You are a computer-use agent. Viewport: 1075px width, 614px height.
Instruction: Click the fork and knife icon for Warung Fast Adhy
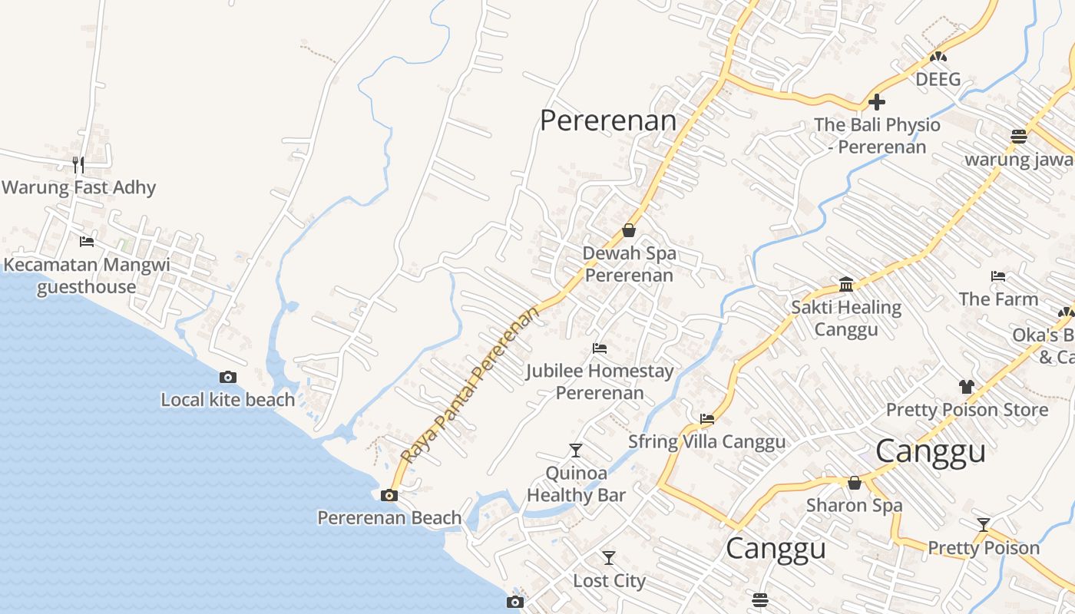(78, 164)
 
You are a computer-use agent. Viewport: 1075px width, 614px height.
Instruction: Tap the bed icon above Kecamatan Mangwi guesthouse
(87, 242)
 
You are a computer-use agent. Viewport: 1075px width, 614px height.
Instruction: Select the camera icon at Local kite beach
(228, 377)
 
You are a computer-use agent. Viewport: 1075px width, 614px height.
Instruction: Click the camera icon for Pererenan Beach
(389, 495)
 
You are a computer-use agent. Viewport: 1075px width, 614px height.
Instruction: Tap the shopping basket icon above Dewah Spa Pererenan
(629, 230)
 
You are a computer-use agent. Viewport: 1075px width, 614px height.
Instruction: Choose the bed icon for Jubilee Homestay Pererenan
(600, 348)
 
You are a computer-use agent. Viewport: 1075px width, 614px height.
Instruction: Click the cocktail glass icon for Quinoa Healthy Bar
(576, 450)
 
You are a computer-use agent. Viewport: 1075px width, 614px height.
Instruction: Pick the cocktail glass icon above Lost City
(609, 558)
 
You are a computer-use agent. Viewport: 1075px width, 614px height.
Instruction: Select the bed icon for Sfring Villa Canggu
(707, 419)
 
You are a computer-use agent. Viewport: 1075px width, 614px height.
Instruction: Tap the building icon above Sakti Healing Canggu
(846, 285)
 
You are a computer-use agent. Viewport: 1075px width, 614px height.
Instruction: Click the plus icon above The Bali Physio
(877, 102)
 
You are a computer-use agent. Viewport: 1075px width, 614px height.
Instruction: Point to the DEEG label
(938, 79)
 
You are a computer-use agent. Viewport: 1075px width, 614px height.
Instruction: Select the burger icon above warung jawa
(1019, 137)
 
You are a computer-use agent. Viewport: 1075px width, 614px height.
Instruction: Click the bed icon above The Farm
(998, 276)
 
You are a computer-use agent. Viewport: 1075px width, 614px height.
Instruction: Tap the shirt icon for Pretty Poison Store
(967, 387)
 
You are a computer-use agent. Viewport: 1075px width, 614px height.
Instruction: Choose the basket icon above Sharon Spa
(854, 483)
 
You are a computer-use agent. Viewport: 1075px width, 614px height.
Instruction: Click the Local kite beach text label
(227, 400)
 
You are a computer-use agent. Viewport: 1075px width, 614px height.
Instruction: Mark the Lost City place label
(610, 581)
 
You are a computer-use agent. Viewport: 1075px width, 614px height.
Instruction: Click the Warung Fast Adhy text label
(78, 187)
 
